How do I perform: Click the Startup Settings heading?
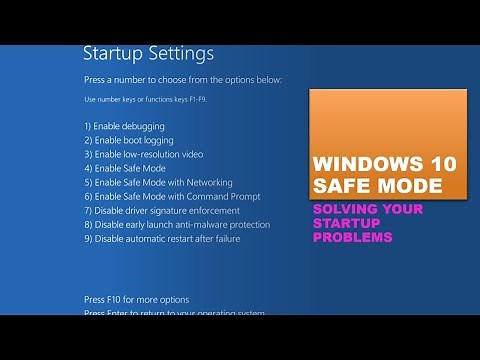coord(147,53)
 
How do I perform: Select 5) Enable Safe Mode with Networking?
coord(158,183)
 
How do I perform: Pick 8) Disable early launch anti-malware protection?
coord(177,225)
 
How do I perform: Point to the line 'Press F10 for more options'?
coord(136,300)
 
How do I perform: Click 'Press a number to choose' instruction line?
coord(182,79)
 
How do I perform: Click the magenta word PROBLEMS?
coord(352,238)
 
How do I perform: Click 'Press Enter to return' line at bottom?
coord(174,314)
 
